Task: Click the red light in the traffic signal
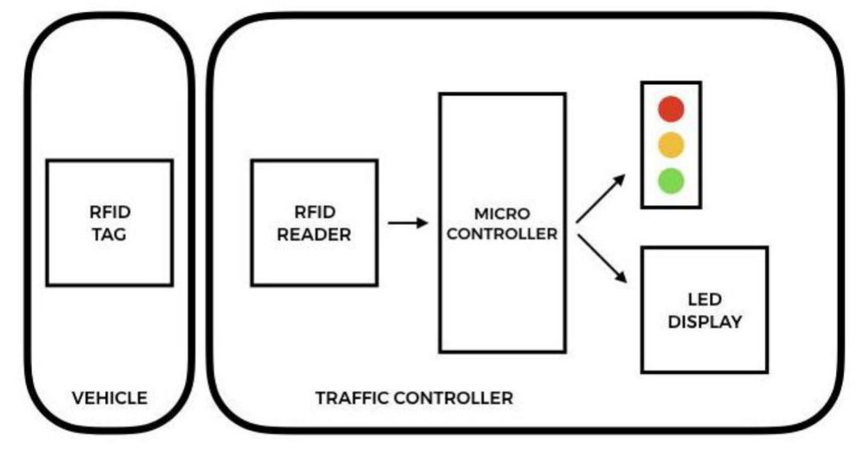[671, 109]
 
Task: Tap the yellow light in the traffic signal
[671, 145]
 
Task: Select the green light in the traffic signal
[671, 181]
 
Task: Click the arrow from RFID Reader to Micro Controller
[407, 223]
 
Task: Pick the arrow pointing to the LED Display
[601, 259]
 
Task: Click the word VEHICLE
[110, 398]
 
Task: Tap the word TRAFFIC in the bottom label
[352, 398]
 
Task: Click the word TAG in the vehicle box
[110, 235]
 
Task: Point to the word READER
[314, 235]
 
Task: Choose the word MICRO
[501, 213]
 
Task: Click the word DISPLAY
[705, 322]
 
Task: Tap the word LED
[705, 300]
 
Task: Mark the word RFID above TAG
[110, 212]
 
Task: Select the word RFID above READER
[314, 212]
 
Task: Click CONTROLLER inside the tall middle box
[501, 234]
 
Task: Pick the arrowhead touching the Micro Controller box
[422, 223]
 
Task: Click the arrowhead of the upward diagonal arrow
[619, 180]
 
